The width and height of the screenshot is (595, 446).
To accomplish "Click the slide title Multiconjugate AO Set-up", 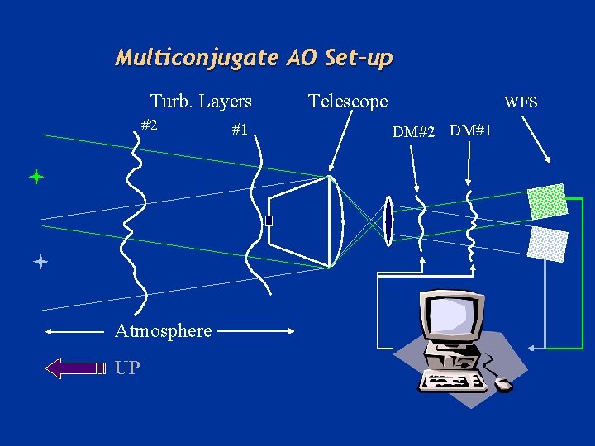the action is coord(254,58).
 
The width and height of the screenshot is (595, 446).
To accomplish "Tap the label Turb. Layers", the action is coord(201,102).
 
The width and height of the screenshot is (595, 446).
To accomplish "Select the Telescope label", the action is coord(347,102).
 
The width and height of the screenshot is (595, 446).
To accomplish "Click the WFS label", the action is coord(521,102).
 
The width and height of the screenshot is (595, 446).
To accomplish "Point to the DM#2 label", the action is coord(413,131).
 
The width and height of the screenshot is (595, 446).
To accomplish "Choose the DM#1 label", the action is coord(472,130).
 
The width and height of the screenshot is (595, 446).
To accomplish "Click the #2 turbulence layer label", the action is coord(150,126).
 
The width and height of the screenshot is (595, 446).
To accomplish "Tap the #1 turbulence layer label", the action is coord(240,130).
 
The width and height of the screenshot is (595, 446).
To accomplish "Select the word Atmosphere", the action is coord(163,331).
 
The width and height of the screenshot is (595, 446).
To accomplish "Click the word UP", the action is coord(128,368).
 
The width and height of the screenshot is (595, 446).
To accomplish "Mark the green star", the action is coord(36,177).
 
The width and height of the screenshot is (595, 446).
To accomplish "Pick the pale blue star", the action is coord(39,263).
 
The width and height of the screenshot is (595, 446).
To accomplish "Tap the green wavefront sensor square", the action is coord(547,202).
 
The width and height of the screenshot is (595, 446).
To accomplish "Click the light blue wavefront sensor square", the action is coord(548,244).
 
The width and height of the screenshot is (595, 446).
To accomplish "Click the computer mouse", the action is coord(502,385).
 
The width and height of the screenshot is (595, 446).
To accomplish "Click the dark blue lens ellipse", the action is coord(387,221).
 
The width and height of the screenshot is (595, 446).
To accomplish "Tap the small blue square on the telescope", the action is coord(269,221).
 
